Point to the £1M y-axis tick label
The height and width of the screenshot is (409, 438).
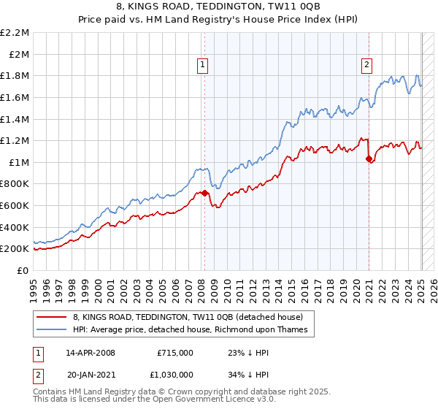click(x=20, y=162)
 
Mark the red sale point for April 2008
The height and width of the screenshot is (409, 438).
click(x=204, y=193)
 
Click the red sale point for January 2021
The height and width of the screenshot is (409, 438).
click(x=369, y=158)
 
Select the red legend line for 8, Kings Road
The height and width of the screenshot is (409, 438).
click(x=51, y=317)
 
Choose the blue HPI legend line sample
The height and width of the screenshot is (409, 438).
click(x=51, y=329)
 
